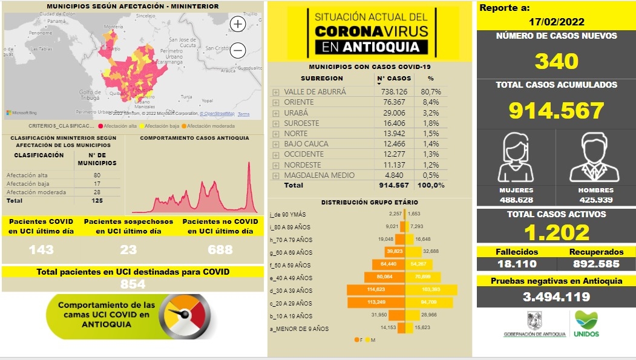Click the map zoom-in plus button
[238, 24]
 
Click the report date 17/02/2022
[556, 22]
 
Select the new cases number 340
[556, 61]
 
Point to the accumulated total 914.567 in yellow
[556, 111]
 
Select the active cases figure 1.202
[556, 232]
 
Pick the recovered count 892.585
[597, 264]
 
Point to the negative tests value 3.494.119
[556, 296]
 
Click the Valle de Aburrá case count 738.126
[394, 92]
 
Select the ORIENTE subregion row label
[299, 102]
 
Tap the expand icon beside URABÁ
[276, 113]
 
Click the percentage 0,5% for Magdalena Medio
[430, 175]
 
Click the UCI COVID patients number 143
[41, 249]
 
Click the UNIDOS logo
[585, 324]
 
